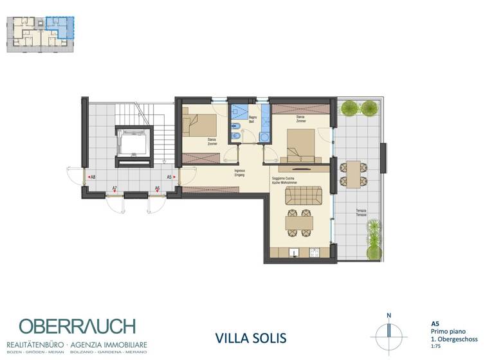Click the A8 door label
[x=93, y=176]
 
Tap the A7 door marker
[x=114, y=188]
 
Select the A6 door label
[x=157, y=188]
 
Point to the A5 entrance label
[x=169, y=176]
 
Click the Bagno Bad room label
[x=253, y=119]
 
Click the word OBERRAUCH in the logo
[x=77, y=326]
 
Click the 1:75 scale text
[x=435, y=345]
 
